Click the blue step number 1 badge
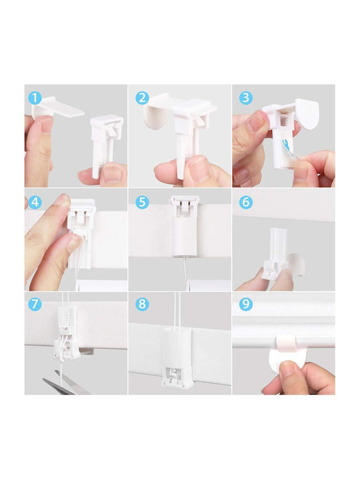click(35, 98)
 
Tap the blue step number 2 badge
click(142, 98)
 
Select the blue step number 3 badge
click(246, 98)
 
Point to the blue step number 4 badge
click(35, 203)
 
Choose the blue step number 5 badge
click(142, 203)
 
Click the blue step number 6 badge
click(246, 203)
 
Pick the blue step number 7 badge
click(35, 304)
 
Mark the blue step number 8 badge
click(142, 304)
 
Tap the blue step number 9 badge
click(246, 304)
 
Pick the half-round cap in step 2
click(157, 116)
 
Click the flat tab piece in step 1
click(58, 107)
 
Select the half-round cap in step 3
click(307, 114)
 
